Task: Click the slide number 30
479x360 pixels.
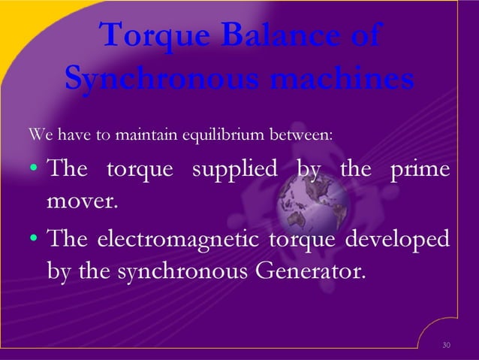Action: [x=447, y=345]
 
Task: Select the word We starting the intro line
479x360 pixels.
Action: [x=38, y=135]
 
